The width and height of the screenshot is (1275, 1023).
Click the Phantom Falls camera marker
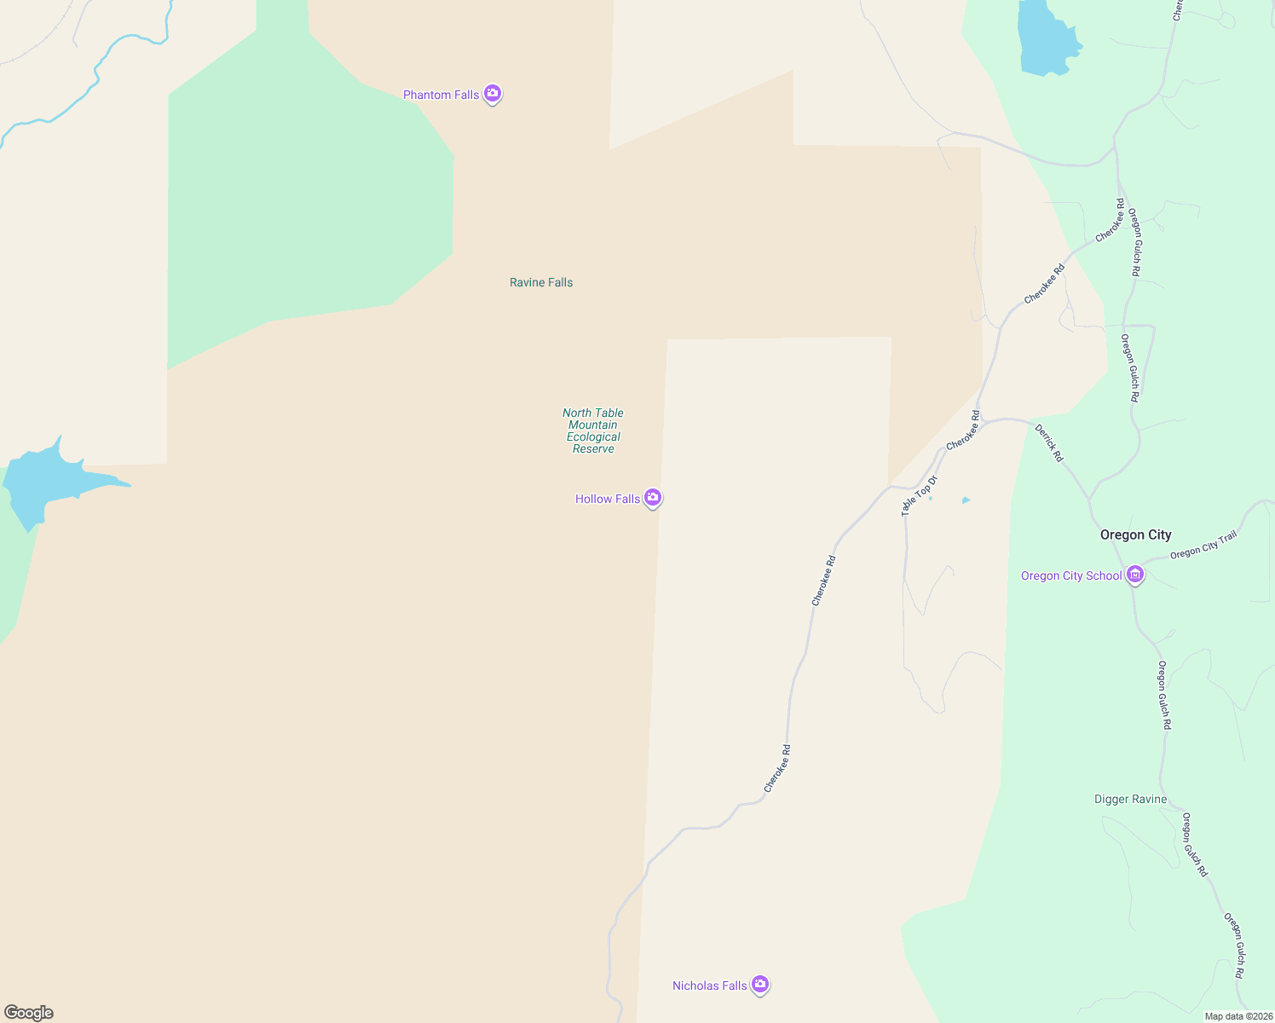pyautogui.click(x=492, y=94)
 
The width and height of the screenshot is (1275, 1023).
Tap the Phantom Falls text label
pyautogui.click(x=441, y=95)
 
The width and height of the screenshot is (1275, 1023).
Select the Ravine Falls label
pyautogui.click(x=541, y=282)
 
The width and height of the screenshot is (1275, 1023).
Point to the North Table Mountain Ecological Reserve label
pyautogui.click(x=593, y=431)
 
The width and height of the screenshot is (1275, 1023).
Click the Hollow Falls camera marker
pyautogui.click(x=653, y=498)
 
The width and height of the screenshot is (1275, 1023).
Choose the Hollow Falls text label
pyautogui.click(x=607, y=499)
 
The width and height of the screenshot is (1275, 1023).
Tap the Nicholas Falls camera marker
pyautogui.click(x=760, y=985)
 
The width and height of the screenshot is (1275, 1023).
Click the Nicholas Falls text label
pyautogui.click(x=709, y=985)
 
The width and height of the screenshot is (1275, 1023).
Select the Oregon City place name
pyautogui.click(x=1135, y=535)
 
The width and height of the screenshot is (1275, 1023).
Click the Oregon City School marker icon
pyautogui.click(x=1134, y=575)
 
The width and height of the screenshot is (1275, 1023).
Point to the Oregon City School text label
pyautogui.click(x=1071, y=575)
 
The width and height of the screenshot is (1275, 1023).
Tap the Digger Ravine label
pyautogui.click(x=1130, y=799)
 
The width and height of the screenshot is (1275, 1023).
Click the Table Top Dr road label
pyautogui.click(x=920, y=495)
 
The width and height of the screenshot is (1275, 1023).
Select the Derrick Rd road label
pyautogui.click(x=1049, y=442)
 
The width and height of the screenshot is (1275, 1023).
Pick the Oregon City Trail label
pyautogui.click(x=1203, y=546)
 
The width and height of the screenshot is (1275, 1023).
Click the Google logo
pyautogui.click(x=29, y=1013)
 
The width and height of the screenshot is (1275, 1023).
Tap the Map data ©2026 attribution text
pyautogui.click(x=1238, y=1016)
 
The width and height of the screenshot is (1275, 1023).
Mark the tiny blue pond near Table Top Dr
pyautogui.click(x=966, y=500)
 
